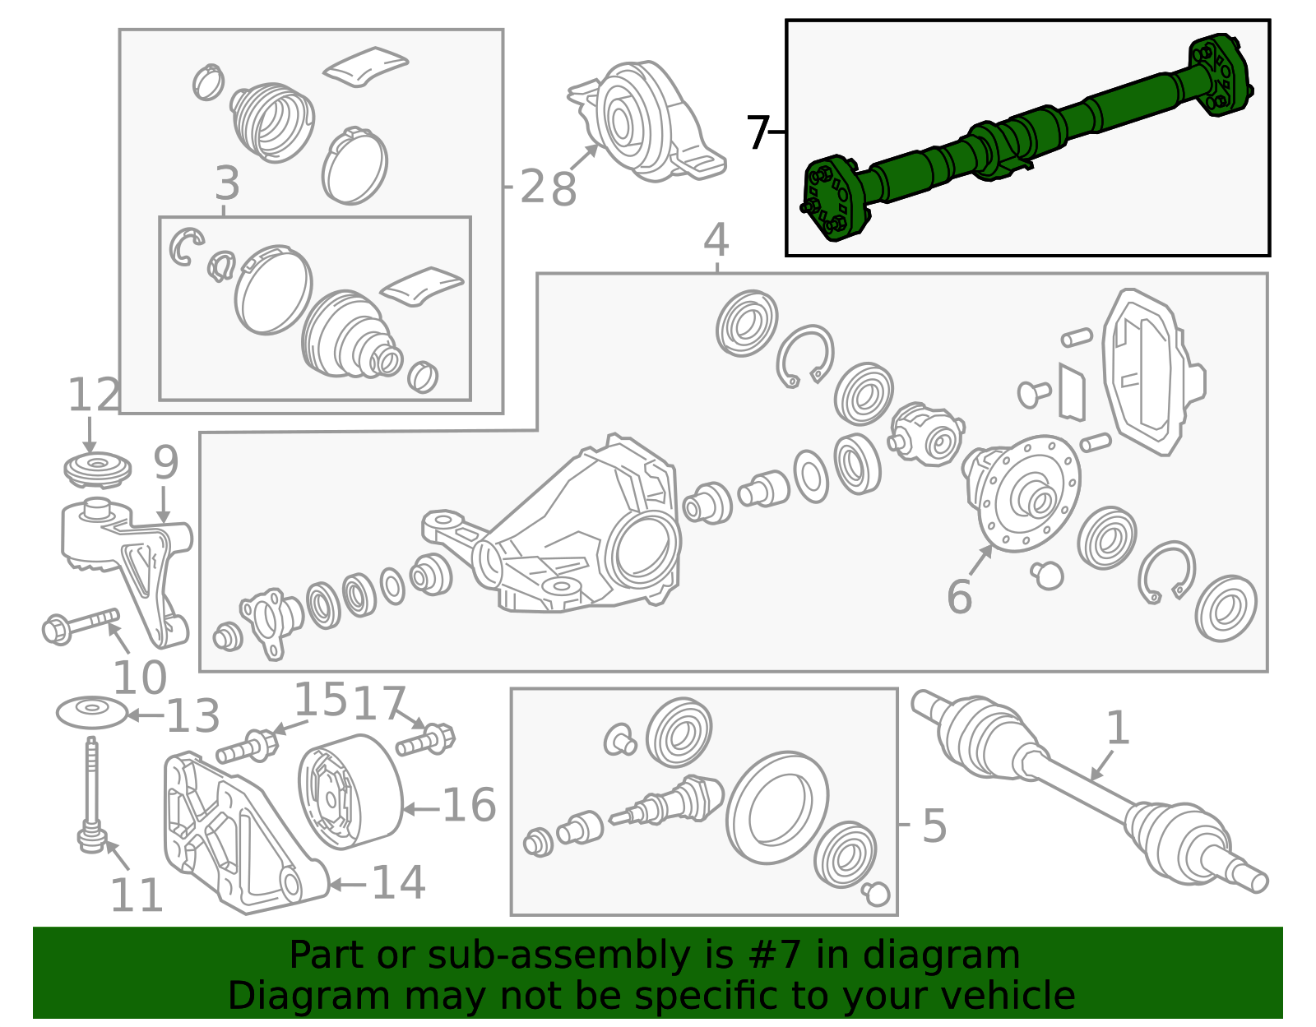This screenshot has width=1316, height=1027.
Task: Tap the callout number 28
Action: click(x=548, y=188)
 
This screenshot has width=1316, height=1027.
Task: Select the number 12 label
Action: click(x=93, y=396)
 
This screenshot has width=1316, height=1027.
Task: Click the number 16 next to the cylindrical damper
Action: click(x=469, y=805)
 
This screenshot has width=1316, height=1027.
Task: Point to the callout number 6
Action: click(x=959, y=596)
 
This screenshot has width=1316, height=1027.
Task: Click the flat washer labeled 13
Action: click(x=92, y=712)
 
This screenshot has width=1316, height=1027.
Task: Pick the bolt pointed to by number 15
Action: click(x=248, y=748)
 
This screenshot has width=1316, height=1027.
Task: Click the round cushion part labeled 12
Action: click(x=97, y=470)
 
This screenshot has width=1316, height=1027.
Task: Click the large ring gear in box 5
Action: click(x=776, y=807)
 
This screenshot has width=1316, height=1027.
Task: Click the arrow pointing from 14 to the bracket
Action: click(x=349, y=885)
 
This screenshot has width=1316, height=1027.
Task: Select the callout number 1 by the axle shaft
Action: click(x=1116, y=728)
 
